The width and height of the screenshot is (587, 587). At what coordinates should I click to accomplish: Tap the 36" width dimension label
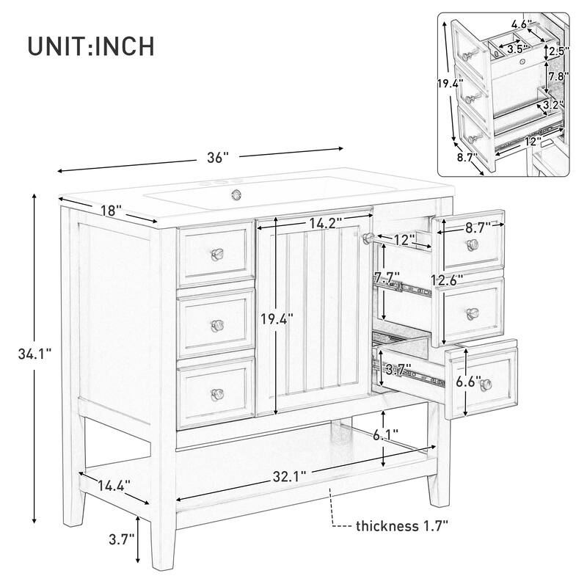point(217,156)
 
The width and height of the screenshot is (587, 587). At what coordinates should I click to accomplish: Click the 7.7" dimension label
point(386,277)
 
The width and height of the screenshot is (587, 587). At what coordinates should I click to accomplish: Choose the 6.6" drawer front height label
point(468,382)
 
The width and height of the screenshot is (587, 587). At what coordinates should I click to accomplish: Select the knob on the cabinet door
point(367,236)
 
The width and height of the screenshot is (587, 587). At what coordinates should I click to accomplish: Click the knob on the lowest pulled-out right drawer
point(485,388)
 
